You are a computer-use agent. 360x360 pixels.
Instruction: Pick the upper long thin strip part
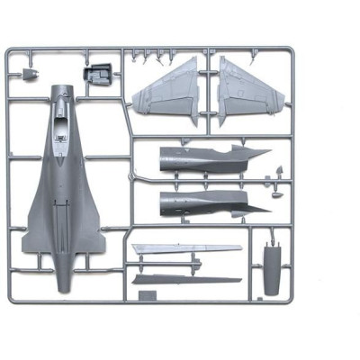[184, 249]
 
